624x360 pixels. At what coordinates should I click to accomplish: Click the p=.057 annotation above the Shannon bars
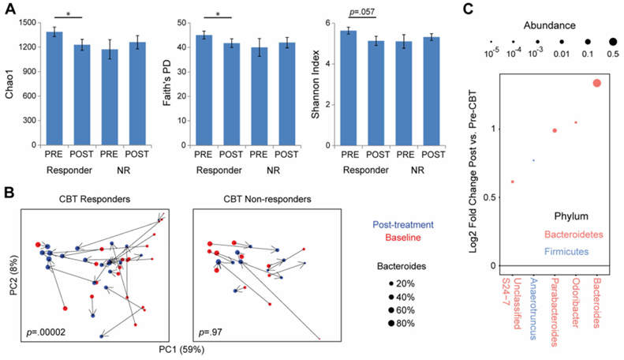tap(362, 12)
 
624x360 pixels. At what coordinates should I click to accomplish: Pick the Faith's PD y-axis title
tap(167, 83)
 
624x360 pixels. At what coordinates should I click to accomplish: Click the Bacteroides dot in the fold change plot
tap(596, 83)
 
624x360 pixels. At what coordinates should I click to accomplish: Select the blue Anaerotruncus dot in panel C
tap(533, 160)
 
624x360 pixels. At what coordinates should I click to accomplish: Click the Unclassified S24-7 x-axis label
tap(512, 303)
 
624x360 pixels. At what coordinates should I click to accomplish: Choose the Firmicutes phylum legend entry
tap(566, 252)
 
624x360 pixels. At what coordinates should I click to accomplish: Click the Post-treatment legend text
tap(403, 224)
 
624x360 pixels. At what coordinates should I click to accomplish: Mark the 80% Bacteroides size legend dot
tap(391, 324)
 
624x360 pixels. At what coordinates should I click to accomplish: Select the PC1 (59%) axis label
tap(181, 350)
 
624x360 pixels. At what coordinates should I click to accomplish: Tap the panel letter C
tap(468, 9)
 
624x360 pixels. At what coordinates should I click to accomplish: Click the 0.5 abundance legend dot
tap(613, 41)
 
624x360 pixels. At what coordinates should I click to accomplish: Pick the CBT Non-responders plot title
tap(267, 199)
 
